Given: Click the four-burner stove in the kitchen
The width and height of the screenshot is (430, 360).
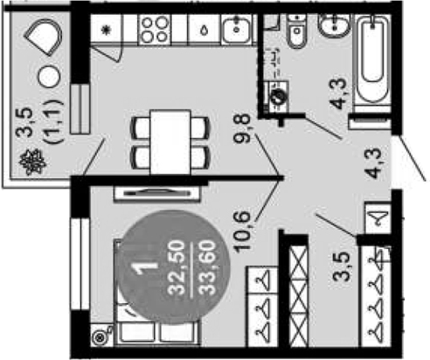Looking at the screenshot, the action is pos(155,29).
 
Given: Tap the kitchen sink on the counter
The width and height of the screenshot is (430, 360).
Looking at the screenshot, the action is pos(236,29).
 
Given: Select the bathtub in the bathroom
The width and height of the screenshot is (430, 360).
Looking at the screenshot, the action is pos(372,59).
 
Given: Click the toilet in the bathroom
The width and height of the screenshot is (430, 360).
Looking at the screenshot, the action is pos(296,31).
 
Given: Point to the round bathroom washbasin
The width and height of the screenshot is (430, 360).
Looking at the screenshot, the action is pos(335,25).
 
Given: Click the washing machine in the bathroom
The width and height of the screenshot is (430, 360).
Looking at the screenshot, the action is pos(277,97).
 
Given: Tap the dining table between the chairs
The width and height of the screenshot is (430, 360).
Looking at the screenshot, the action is pos(170,142).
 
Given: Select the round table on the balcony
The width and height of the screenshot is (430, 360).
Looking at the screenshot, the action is pos(49,76).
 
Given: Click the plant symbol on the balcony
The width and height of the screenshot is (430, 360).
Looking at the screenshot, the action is pos(32,163).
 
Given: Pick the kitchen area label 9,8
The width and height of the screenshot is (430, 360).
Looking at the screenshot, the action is pos(242,128).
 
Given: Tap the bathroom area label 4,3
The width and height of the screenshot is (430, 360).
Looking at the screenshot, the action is pos(338,93).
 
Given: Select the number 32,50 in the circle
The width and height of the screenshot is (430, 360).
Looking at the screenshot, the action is pos(177,268).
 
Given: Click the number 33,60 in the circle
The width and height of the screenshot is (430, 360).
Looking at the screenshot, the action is pos(207,268).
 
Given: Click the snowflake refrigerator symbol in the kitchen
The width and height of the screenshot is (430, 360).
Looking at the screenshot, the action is pos(105,30).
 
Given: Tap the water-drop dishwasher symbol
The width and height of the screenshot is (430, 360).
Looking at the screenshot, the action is pos(205,30).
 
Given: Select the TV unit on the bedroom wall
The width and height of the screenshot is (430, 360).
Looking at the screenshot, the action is pos(157,193).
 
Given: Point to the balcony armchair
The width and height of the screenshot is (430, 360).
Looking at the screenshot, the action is pos(44,37).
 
